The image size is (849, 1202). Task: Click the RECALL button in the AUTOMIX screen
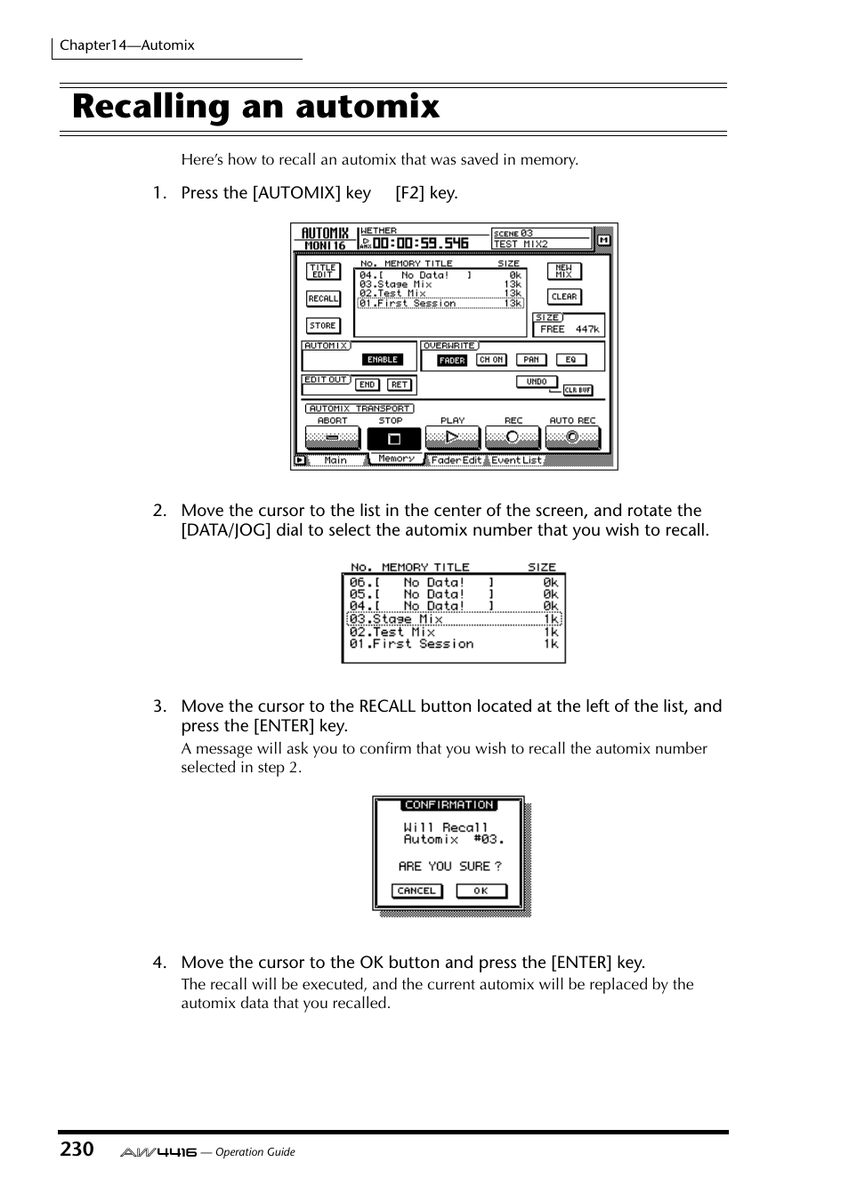[x=323, y=299]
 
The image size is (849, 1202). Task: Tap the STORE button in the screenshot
[x=323, y=326]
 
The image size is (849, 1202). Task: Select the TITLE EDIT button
[x=323, y=271]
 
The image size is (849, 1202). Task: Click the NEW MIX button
[x=564, y=271]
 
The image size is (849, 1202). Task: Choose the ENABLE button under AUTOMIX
[x=383, y=359]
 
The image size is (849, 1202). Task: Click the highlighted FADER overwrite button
[x=452, y=360]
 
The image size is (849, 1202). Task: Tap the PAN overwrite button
[x=531, y=359]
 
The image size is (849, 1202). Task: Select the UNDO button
[x=537, y=382]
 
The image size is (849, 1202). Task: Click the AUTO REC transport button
[x=572, y=437]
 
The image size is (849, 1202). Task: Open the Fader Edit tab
[x=456, y=460]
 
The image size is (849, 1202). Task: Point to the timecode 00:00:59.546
[x=420, y=243]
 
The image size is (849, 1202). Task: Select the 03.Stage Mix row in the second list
[x=454, y=619]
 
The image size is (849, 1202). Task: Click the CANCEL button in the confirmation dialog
[x=416, y=891]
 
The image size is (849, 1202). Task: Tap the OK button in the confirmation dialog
[x=481, y=891]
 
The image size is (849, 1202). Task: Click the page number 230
[x=77, y=1150]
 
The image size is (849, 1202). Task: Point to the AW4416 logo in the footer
[x=158, y=1152]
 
